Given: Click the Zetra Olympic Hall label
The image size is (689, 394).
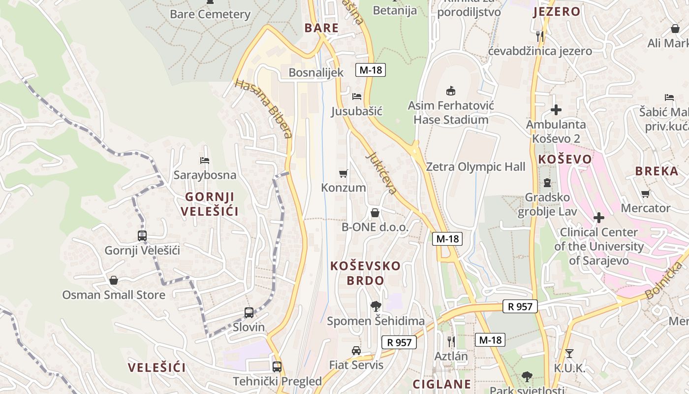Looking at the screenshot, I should tap(475, 167).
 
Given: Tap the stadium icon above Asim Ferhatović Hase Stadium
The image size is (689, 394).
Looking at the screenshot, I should tap(450, 91).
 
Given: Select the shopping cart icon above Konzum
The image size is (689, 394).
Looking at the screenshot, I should tap(344, 173).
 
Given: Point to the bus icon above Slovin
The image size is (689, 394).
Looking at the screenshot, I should tap(249, 312).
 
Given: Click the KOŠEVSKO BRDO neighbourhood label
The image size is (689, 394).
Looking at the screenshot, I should tap(365, 273).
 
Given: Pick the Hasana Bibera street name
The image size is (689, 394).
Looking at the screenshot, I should tap(264, 108).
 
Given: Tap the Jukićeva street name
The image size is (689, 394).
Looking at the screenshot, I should tap(381, 172).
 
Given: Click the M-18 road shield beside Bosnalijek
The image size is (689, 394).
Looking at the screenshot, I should tap(371, 70).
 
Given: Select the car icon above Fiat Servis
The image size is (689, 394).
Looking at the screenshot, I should tap(356, 351).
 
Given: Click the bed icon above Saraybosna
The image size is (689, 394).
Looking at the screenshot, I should tap(205, 160).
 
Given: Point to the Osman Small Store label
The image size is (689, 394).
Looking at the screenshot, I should tap(114, 295).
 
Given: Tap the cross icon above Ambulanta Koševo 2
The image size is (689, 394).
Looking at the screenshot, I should tap(556, 110).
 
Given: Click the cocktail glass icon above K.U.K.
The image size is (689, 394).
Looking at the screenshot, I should tap(569, 353).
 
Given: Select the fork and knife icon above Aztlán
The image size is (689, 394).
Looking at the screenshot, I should tap(451, 341).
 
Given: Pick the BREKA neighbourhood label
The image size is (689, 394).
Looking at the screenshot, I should tap(657, 171).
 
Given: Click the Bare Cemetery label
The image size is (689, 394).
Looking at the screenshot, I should tap(210, 14).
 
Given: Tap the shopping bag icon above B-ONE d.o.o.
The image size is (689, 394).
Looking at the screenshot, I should tap(375, 213).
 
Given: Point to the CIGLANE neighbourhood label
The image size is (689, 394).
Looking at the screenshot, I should tap(441, 384).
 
